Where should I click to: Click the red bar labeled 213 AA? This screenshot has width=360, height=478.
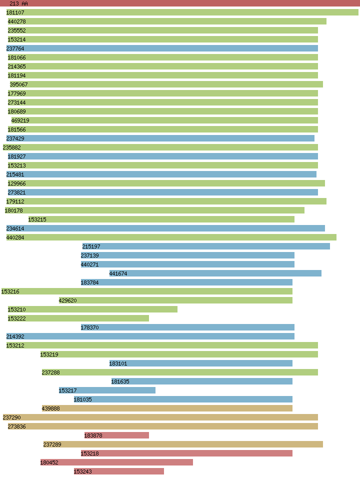pyautogui.click(x=180, y=3)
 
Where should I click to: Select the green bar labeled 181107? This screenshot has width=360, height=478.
pyautogui.click(x=182, y=12)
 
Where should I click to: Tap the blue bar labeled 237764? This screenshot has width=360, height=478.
pyautogui.click(x=162, y=48)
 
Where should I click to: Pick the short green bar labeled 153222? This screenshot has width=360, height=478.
pyautogui.click(x=78, y=318)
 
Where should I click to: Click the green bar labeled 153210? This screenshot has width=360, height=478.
pyautogui.click(x=92, y=309)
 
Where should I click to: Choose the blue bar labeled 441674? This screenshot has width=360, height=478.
pyautogui.click(x=215, y=273)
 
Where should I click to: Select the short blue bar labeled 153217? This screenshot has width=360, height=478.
pyautogui.click(x=107, y=390)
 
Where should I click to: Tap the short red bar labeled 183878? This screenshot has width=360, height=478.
pyautogui.click(x=116, y=435)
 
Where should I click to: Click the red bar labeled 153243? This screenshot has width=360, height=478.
pyautogui.click(x=119, y=471)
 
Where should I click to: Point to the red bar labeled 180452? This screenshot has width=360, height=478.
pyautogui.click(x=116, y=462)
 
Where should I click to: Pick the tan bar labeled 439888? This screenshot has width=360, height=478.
pyautogui.click(x=167, y=408)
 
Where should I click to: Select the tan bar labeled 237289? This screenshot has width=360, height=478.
pyautogui.click(x=183, y=444)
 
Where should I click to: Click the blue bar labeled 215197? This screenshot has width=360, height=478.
pyautogui.click(x=206, y=246)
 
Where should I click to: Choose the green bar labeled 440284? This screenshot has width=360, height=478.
pyautogui.click(x=171, y=237)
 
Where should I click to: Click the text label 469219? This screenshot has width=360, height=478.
pyautogui.click(x=20, y=120)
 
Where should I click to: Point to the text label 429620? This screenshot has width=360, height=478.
pyautogui.click(x=68, y=300)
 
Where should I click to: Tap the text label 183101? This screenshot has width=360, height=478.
pyautogui.click(x=118, y=363)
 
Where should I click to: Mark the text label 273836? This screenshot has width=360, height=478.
pyautogui.click(x=17, y=426)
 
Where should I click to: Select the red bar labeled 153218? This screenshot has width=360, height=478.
pyautogui.click(x=186, y=453)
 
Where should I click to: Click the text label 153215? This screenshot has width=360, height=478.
pyautogui.click(x=37, y=219)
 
